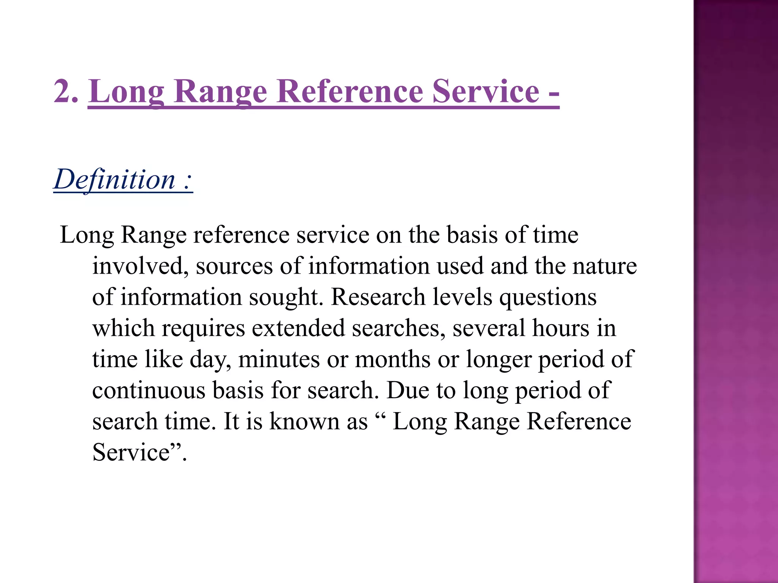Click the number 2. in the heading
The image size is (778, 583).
pyautogui.click(x=66, y=91)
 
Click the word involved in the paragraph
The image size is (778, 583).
pyautogui.click(x=140, y=266)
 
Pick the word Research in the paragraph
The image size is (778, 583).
pyautogui.click(x=378, y=297)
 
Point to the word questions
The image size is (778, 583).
pyautogui.click(x=548, y=298)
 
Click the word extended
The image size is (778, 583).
pyautogui.click(x=298, y=328)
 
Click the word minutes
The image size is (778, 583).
pyautogui.click(x=279, y=359)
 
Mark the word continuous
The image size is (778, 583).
pyautogui.click(x=149, y=391)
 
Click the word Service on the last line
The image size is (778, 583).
pyautogui.click(x=131, y=452)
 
